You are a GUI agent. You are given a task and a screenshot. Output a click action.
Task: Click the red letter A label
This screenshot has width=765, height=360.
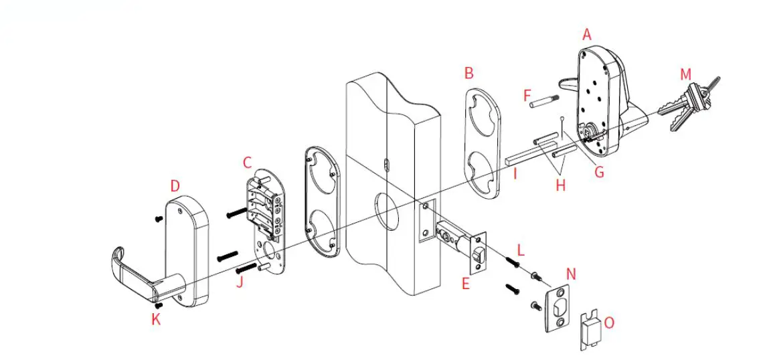587,35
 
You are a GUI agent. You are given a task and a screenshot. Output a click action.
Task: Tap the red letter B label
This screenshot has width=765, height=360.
469,72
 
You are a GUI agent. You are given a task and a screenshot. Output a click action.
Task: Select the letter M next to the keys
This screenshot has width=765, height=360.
685,74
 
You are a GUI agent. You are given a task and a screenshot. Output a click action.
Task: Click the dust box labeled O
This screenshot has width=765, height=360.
588,330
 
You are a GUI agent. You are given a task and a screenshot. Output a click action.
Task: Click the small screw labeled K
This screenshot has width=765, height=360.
159,305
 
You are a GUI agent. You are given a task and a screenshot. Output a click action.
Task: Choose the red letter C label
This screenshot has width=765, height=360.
247,162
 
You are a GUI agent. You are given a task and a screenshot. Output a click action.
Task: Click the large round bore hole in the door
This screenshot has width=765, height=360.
387,209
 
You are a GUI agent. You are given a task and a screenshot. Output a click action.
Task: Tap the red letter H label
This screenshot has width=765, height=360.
560,185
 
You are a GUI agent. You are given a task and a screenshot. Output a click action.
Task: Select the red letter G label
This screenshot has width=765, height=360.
599,172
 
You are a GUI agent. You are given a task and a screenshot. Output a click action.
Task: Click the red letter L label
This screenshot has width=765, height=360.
521,250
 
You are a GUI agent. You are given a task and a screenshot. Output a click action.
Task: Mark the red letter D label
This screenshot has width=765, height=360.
175,185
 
